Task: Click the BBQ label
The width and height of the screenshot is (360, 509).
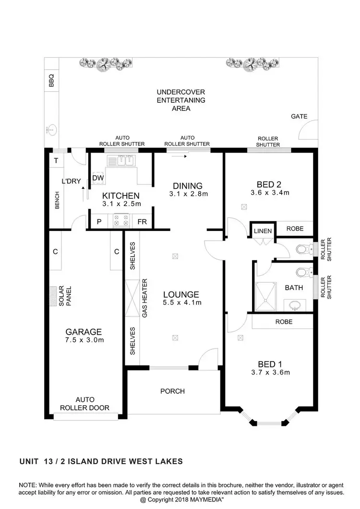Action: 51,81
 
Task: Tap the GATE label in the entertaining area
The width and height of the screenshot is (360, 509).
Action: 299,117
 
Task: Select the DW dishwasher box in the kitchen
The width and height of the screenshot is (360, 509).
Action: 98,178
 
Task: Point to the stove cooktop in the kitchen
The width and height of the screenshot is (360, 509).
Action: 120,221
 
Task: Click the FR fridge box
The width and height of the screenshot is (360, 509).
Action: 142,222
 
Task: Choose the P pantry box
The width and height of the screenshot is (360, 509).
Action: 99,222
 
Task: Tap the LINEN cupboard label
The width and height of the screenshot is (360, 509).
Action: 263,231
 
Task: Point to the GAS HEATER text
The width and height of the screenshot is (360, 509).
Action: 144,297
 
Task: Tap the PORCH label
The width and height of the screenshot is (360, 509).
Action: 172,391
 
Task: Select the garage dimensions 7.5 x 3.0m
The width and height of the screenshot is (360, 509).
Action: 84,340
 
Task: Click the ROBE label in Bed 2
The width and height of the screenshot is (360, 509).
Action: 295,229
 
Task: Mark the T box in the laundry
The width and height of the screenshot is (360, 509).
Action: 56,161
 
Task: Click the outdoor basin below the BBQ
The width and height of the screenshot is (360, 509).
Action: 51,129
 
